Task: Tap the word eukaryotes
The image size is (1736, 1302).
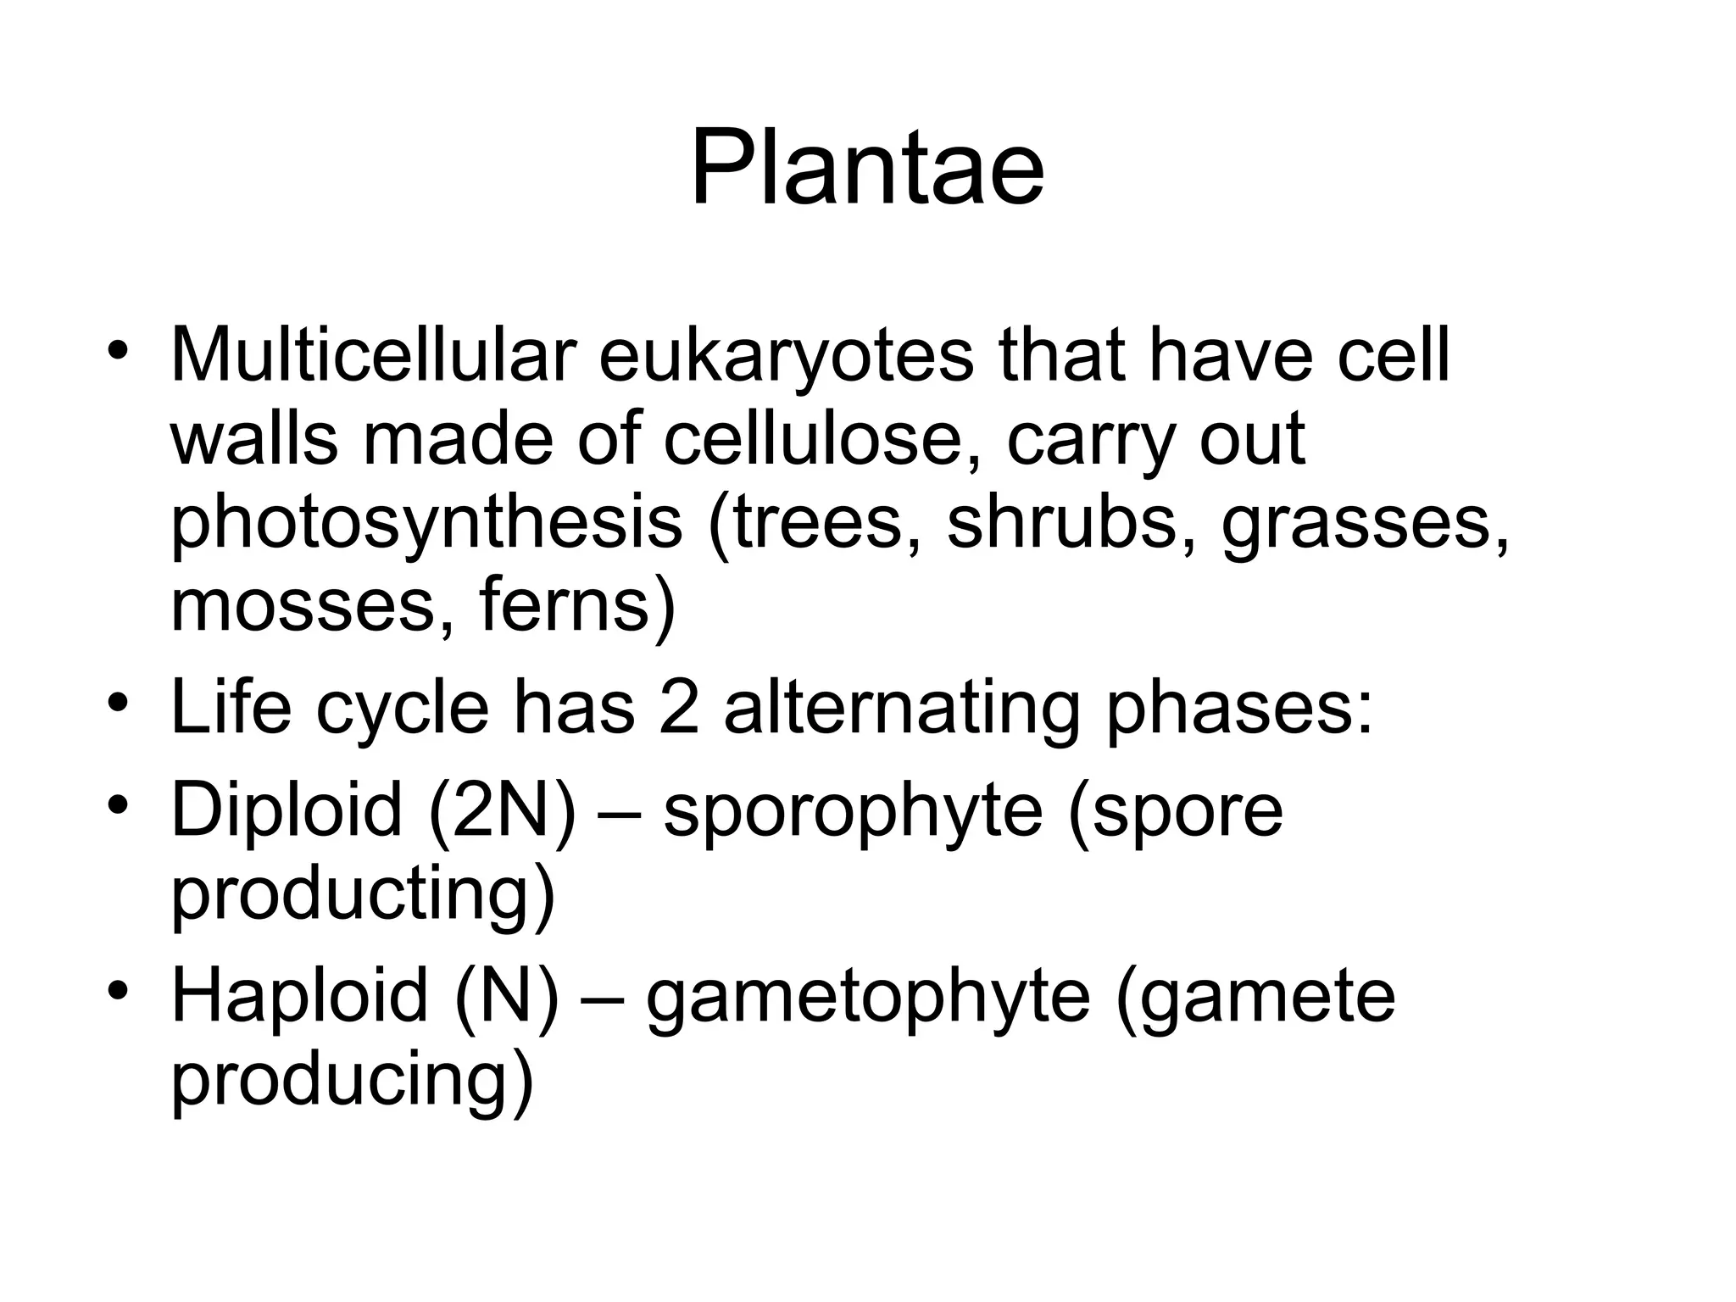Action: tap(786, 356)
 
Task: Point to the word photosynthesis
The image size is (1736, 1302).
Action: tap(426, 523)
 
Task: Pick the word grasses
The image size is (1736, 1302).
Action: tap(1365, 523)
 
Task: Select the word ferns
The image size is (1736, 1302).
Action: tap(577, 606)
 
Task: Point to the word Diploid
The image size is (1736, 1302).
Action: tap(287, 810)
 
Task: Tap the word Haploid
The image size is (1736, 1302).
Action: tap(299, 996)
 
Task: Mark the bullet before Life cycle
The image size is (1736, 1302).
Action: tap(118, 704)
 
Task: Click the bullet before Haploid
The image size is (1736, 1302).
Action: tap(118, 991)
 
